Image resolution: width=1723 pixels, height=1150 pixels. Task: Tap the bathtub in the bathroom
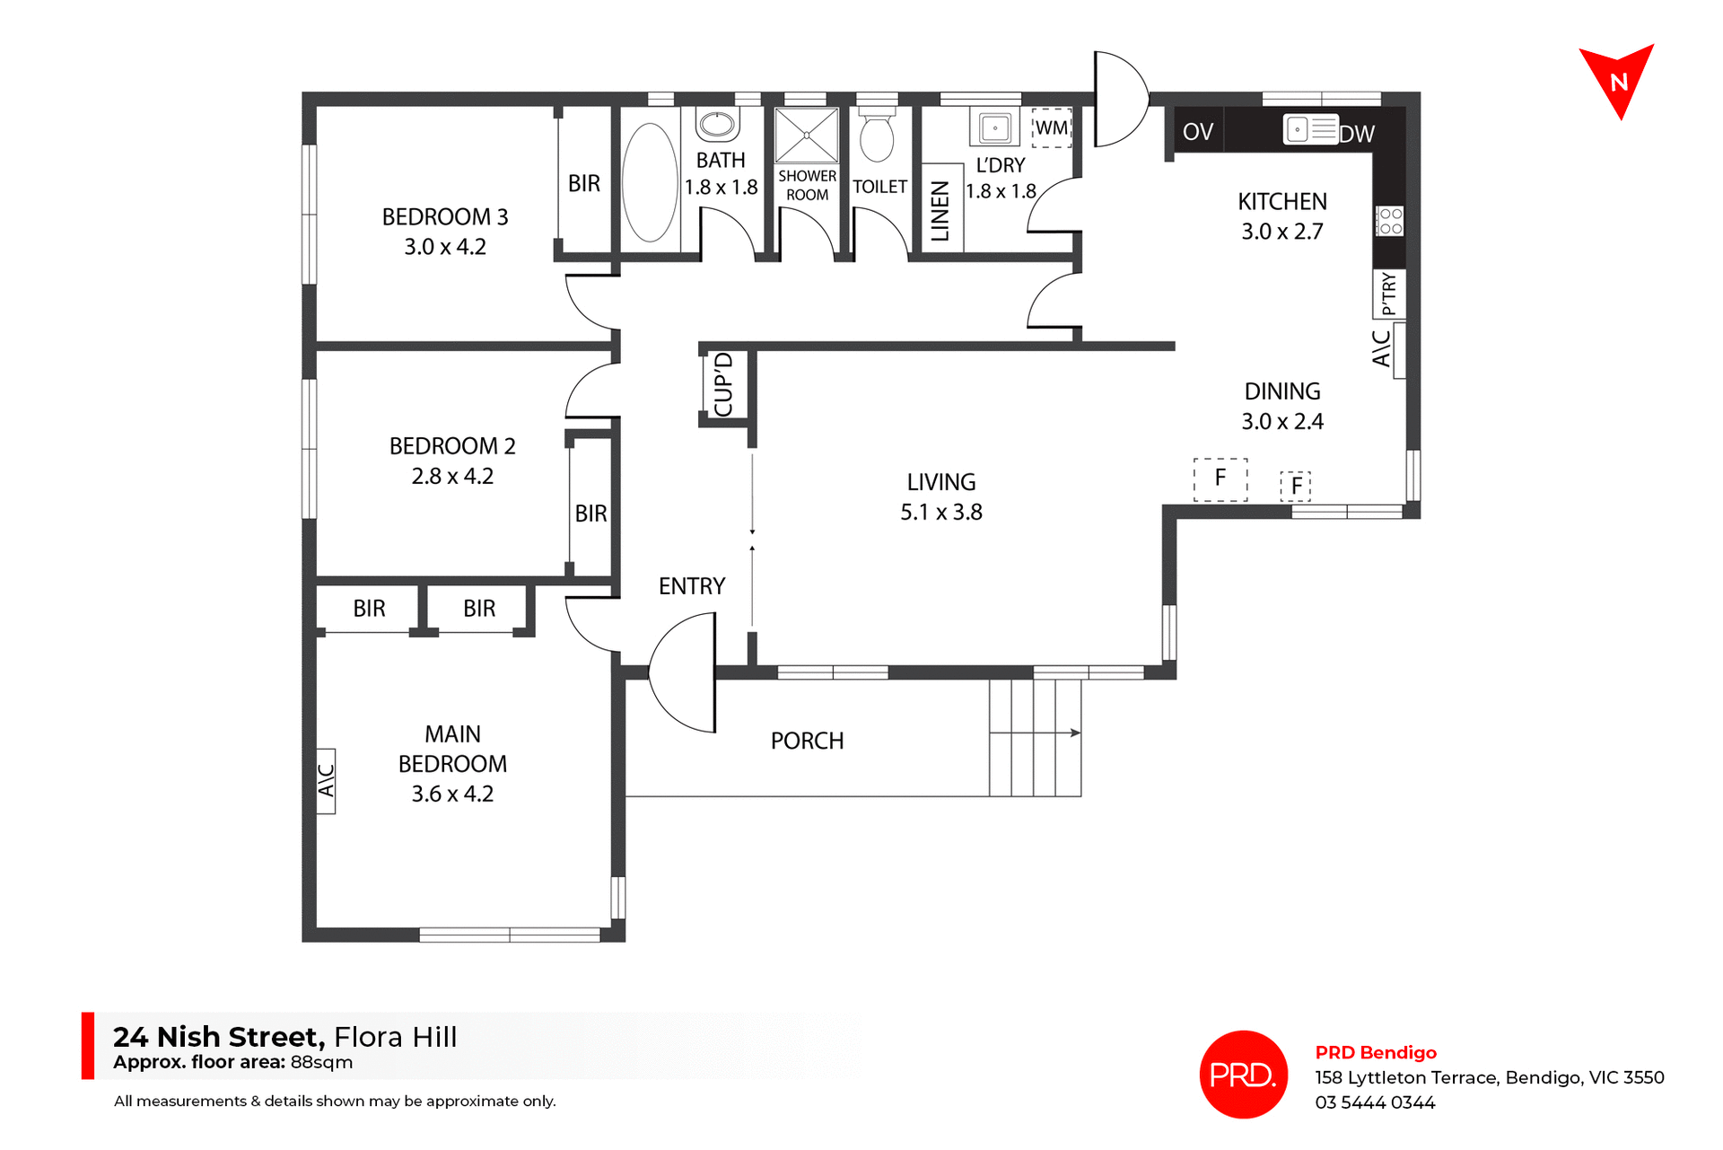coord(650,182)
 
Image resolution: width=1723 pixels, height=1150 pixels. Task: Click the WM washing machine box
coord(1052,127)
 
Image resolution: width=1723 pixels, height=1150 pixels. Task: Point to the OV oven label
coord(1197,132)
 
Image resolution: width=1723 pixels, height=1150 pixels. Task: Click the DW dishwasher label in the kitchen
coord(1357,134)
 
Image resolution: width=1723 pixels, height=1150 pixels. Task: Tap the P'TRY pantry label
coord(1389,294)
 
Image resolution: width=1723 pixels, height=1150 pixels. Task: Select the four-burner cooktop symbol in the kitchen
coord(1389,221)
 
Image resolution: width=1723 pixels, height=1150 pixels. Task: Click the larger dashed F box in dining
coord(1220,478)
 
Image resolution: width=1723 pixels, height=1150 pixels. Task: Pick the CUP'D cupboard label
coord(724,385)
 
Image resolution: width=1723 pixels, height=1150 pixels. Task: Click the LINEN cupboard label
coord(940,212)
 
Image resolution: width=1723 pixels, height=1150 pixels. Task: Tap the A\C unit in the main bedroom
coord(326,780)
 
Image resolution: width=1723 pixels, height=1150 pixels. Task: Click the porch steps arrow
coord(1073,733)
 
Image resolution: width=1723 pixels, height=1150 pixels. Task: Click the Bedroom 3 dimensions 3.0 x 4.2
coord(444,247)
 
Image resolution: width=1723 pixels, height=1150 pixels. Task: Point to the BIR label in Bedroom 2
coord(590,514)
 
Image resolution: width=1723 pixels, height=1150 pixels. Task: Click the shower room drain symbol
coord(806,135)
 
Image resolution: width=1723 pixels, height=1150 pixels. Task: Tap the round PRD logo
coord(1243,1074)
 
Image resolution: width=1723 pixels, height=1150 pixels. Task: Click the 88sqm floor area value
coord(321,1063)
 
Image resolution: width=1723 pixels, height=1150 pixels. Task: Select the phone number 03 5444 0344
coord(1375,1102)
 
